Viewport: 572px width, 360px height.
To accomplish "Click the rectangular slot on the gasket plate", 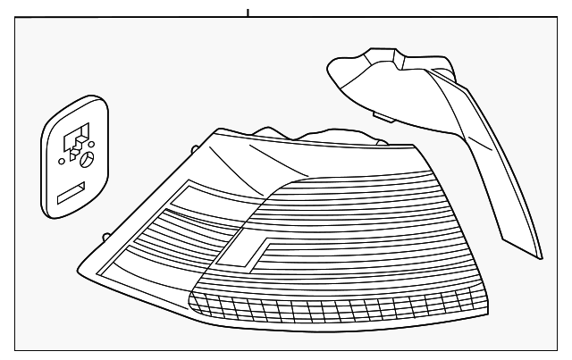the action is pyautogui.click(x=71, y=193).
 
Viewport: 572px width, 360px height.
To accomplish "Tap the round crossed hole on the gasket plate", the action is pyautogui.click(x=88, y=162).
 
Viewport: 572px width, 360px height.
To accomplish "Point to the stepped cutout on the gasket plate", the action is pyautogui.click(x=77, y=139).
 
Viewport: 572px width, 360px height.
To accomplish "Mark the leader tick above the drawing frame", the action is pyautogui.click(x=248, y=13).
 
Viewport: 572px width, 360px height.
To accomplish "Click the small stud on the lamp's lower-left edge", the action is pyautogui.click(x=105, y=237).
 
